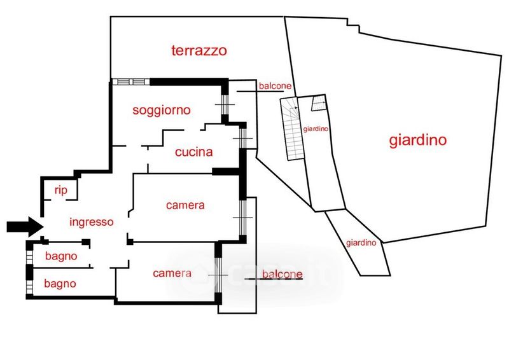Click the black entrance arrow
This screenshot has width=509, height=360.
pyautogui.click(x=25, y=226)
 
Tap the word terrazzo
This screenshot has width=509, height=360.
pyautogui.click(x=199, y=51)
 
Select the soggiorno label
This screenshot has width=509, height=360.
pyautogui.click(x=162, y=110)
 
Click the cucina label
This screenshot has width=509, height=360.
pyautogui.click(x=194, y=152)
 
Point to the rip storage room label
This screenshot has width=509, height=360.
pyautogui.click(x=60, y=190)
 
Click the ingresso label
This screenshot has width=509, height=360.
pyautogui.click(x=92, y=222)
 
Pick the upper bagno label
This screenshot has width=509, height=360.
pyautogui.click(x=61, y=256)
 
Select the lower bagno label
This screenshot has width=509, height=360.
pyautogui.click(x=60, y=284)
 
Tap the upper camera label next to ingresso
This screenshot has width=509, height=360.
pyautogui.click(x=185, y=205)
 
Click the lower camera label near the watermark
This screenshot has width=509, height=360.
pyautogui.click(x=172, y=273)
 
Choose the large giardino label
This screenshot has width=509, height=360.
pyautogui.click(x=418, y=140)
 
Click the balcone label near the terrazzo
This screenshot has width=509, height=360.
pyautogui.click(x=275, y=86)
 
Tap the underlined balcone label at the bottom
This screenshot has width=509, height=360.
pyautogui.click(x=282, y=274)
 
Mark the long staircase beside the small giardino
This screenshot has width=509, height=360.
pyautogui.click(x=293, y=128)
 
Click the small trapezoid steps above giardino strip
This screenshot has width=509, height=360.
pyautogui.click(x=319, y=103)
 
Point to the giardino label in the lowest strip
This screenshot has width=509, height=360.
pyautogui.click(x=361, y=243)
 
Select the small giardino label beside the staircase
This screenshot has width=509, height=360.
pyautogui.click(x=316, y=129)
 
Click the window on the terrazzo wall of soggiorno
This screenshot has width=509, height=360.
pyautogui.click(x=131, y=81)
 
